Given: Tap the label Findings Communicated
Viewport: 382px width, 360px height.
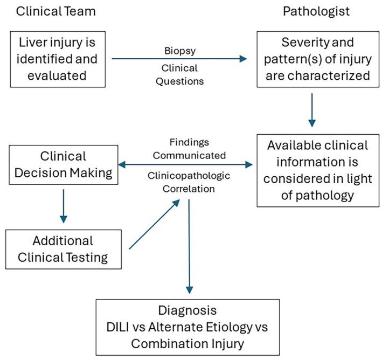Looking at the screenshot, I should [183, 149].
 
